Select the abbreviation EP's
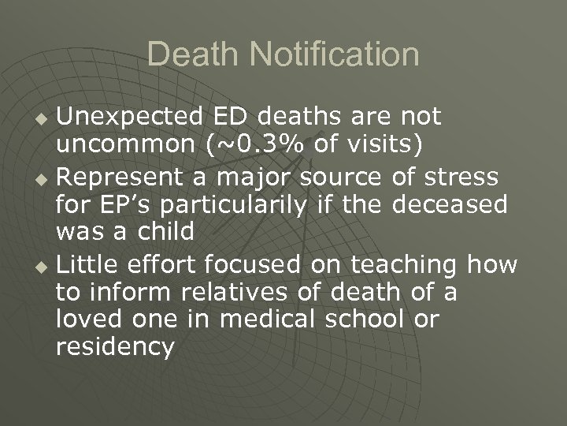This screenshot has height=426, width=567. point(111,205)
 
